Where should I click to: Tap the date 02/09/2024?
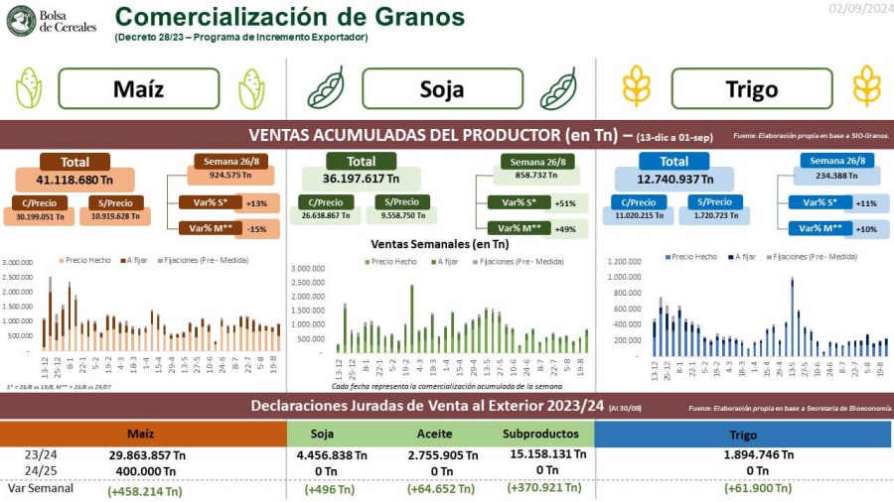click(860, 9)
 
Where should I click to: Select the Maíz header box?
click(138, 89)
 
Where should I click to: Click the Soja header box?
click(441, 89)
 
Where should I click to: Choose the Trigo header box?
click(751, 89)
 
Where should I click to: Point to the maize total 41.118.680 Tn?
click(74, 180)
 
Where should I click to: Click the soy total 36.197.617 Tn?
click(361, 180)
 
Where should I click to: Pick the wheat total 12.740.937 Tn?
click(673, 180)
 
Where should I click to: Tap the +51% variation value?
click(566, 202)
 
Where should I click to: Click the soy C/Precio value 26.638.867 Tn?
click(326, 215)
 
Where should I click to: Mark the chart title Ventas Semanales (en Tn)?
click(439, 243)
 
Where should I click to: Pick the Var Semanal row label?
click(39, 488)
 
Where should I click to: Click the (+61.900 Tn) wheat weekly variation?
click(743, 489)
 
